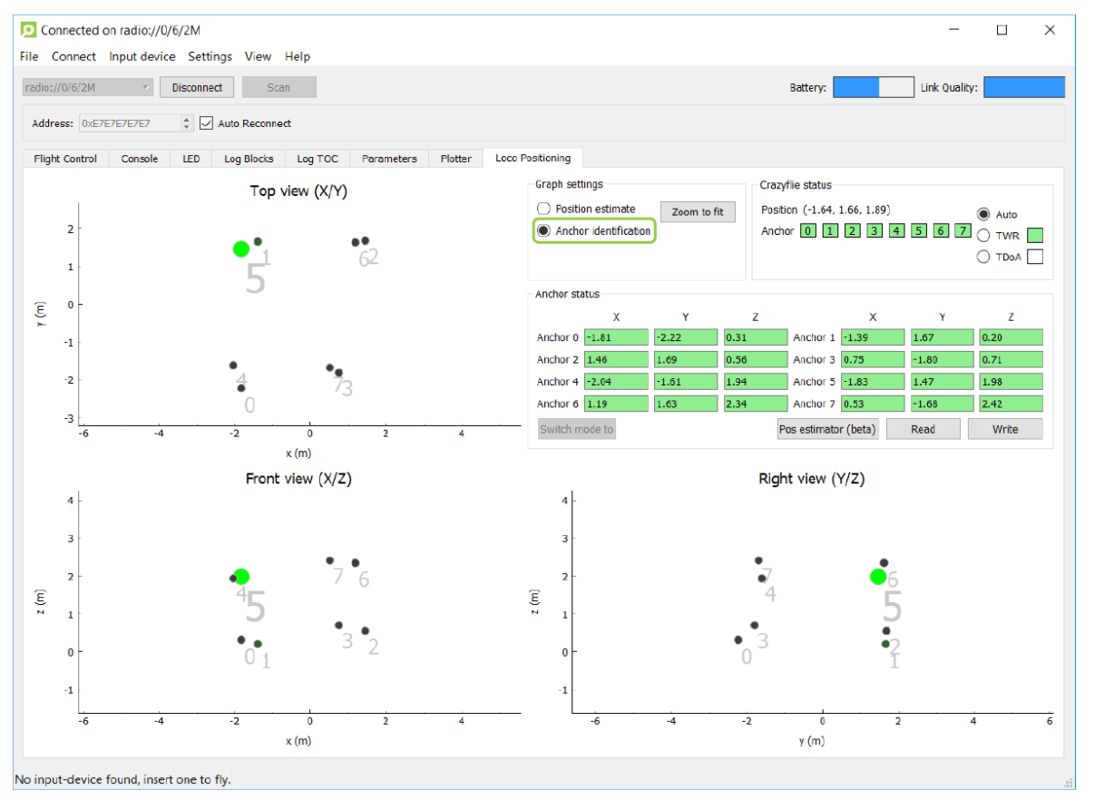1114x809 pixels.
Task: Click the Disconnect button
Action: pos(197,87)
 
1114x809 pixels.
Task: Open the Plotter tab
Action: pos(455,159)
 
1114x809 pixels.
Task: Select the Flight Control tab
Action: pos(65,159)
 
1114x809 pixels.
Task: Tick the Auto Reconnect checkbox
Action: pos(206,122)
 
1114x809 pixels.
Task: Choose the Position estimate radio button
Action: pos(543,209)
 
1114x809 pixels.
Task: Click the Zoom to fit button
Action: pos(698,212)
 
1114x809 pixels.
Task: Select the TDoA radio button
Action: pos(983,257)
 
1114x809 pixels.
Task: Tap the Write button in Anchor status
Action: pos(1004,429)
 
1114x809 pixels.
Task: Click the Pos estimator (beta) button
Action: pos(827,429)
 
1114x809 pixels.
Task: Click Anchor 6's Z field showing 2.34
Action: pos(755,404)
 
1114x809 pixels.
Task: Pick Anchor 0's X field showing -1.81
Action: pos(616,337)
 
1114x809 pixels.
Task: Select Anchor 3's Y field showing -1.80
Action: pos(942,359)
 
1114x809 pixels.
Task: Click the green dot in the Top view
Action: pos(241,249)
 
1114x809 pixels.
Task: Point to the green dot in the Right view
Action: pos(878,577)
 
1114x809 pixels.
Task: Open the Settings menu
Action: pos(210,57)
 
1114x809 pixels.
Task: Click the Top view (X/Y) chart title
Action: pos(298,191)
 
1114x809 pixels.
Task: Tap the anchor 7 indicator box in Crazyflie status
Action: pos(963,230)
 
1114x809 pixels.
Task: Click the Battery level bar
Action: pos(874,87)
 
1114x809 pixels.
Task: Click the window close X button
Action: pos(1050,30)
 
